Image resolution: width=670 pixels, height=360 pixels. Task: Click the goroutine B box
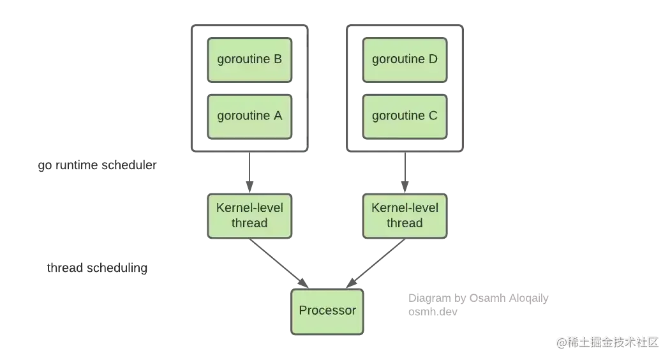(249, 59)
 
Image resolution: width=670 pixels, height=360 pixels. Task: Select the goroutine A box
(249, 116)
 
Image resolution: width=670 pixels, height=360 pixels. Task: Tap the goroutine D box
(405, 59)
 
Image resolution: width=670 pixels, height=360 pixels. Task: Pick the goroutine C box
(405, 116)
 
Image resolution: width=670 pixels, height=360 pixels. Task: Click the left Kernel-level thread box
(249, 215)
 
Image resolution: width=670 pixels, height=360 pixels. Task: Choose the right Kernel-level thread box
(405, 215)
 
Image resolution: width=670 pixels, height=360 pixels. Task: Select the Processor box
(327, 311)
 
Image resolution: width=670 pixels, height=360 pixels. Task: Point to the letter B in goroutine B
(277, 59)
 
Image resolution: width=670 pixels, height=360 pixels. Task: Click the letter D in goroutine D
(433, 59)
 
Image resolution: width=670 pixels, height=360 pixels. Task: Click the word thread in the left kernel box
(249, 223)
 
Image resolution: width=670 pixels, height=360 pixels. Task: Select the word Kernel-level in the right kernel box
(405, 207)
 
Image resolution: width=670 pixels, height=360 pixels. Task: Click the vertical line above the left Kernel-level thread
(246, 171)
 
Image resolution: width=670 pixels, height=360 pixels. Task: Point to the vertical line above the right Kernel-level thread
(404, 171)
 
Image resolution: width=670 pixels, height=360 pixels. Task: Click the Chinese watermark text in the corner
(607, 341)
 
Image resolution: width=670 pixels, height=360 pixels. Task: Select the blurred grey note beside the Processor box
(479, 303)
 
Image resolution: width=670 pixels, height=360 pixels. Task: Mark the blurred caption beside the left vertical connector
(96, 167)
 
